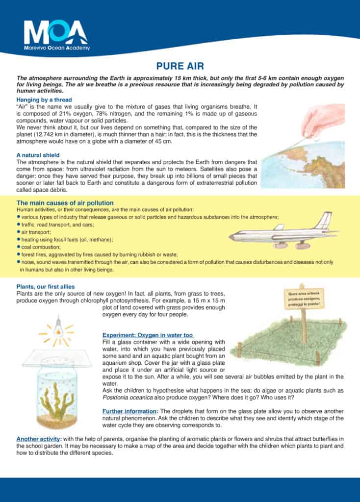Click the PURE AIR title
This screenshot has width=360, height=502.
click(x=180, y=66)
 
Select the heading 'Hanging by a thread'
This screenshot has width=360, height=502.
click(x=44, y=100)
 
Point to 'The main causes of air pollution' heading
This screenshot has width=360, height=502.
click(x=65, y=203)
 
